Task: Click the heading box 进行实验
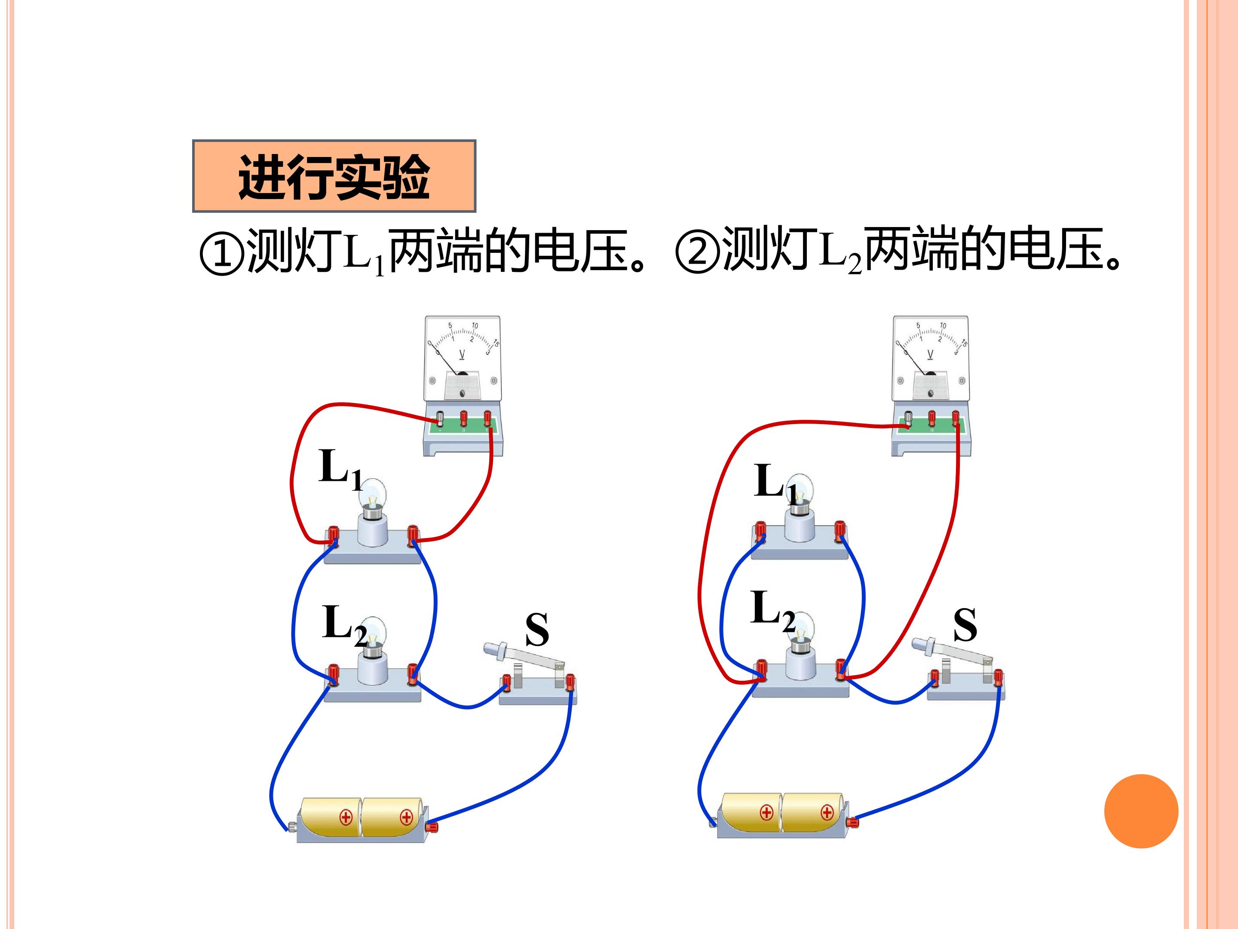coord(334,176)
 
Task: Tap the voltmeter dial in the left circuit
coord(462,358)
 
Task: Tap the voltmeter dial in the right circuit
coord(931,358)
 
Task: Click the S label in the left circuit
coord(537,629)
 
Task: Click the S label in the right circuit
coord(965,624)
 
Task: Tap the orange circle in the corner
coord(1141,812)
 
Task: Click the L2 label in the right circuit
coord(773,610)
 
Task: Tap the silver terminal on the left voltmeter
coord(440,419)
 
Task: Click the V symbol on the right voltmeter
coord(930,354)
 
